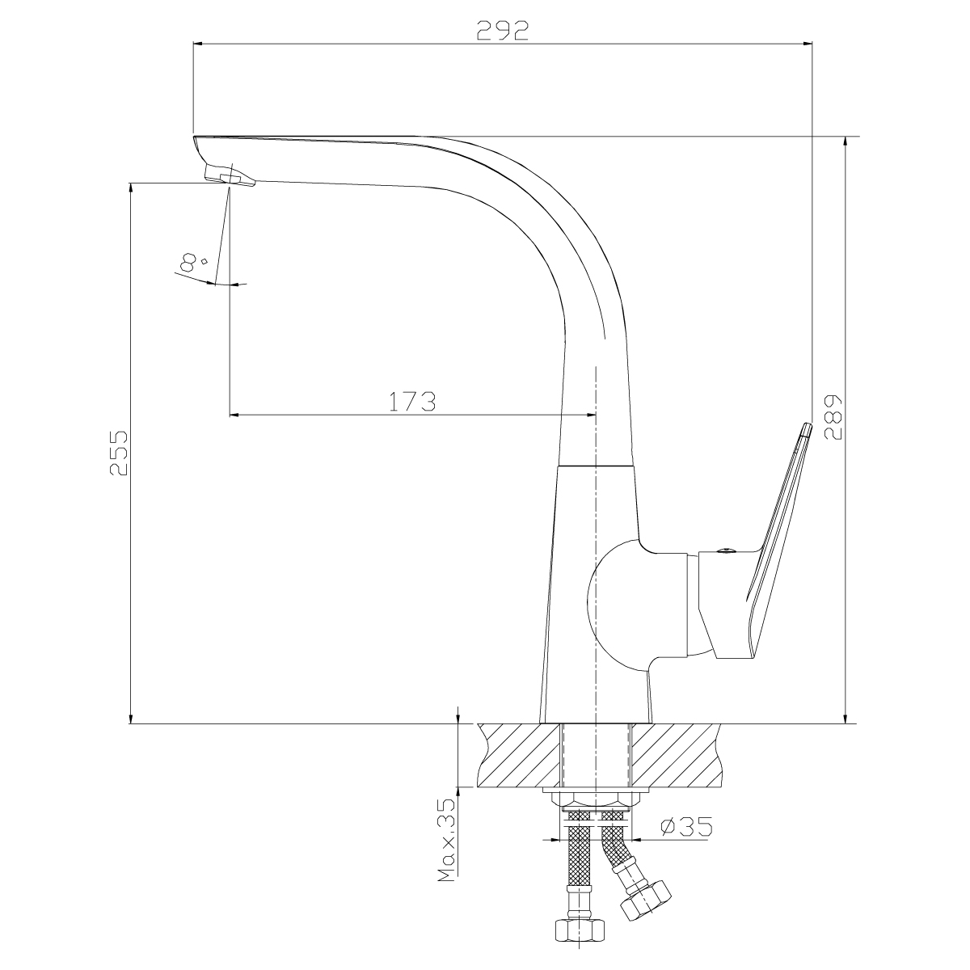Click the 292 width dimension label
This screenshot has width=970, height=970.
(x=502, y=31)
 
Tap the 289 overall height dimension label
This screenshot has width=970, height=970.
(x=833, y=417)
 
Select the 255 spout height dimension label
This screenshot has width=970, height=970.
(x=119, y=453)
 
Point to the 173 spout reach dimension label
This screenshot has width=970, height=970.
(x=412, y=402)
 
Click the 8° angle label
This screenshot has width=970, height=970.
(x=192, y=262)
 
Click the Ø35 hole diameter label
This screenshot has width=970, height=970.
(x=686, y=827)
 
